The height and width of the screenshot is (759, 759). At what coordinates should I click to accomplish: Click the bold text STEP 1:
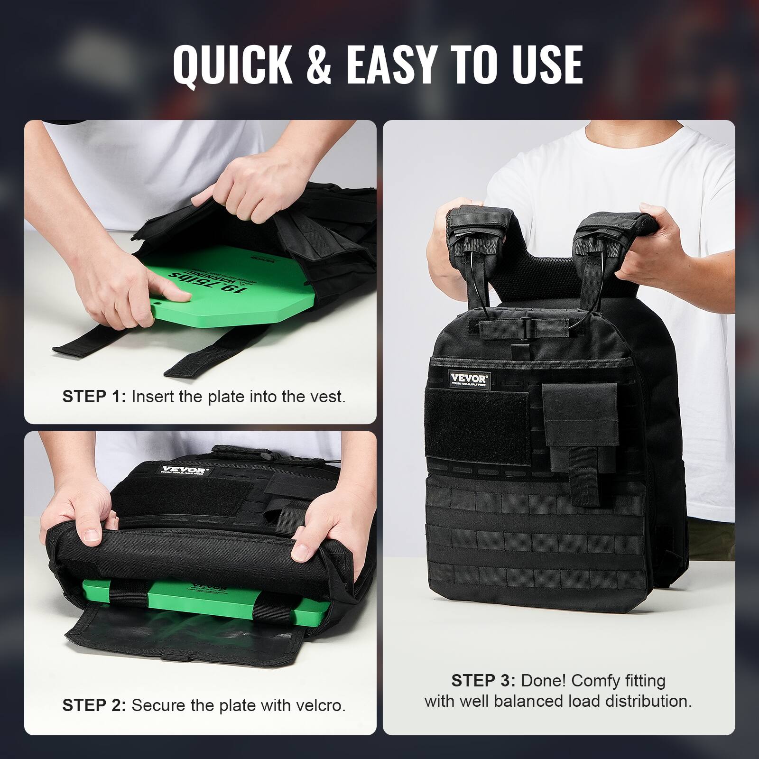point(94,397)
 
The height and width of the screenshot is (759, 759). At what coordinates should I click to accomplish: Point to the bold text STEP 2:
point(94,705)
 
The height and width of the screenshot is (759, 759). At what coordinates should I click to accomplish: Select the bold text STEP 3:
point(483,681)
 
